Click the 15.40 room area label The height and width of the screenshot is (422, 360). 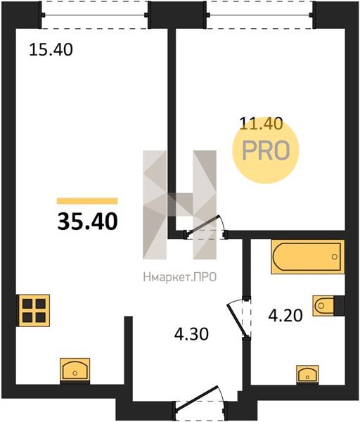[x=51, y=50]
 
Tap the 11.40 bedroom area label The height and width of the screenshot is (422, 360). [x=261, y=124]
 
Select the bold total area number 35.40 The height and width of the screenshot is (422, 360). [x=87, y=222]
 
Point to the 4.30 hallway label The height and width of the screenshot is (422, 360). [x=191, y=334]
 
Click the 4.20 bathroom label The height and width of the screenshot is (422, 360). [x=285, y=315]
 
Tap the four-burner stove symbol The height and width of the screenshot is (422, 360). [x=34, y=311]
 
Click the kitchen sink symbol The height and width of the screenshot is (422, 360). [x=75, y=371]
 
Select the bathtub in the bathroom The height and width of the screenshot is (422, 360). [x=308, y=257]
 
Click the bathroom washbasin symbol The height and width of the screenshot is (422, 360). [x=307, y=374]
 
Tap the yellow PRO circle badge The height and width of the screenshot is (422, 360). [x=266, y=151]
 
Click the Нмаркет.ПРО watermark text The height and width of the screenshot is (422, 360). [x=180, y=277]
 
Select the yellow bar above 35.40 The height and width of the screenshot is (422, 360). [x=87, y=200]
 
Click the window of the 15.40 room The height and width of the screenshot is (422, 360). [x=95, y=15]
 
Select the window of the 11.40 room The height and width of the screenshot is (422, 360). [x=260, y=15]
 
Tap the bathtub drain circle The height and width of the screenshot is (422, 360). [x=335, y=257]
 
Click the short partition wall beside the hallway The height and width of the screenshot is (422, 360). [x=129, y=350]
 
